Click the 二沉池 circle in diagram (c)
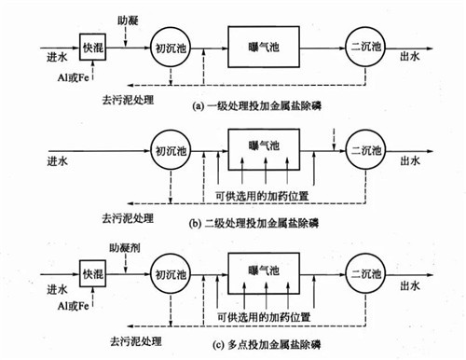[366, 276]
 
